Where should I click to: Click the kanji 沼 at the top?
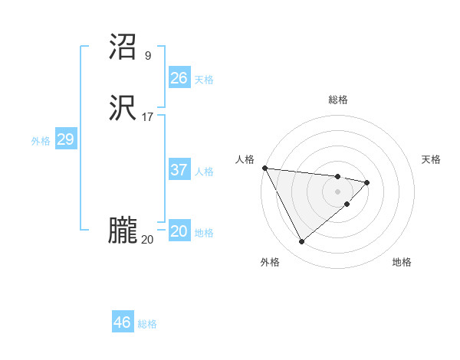(123, 47)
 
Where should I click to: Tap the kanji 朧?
(123, 232)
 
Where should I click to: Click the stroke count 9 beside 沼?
(147, 55)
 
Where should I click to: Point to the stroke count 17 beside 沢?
(147, 117)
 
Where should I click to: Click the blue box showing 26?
(179, 78)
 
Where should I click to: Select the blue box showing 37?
(179, 170)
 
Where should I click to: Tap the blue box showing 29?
(65, 139)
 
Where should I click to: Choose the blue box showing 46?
(123, 322)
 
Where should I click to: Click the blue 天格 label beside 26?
(204, 80)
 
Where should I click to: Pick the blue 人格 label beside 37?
(204, 172)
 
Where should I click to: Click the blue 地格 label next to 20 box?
(204, 233)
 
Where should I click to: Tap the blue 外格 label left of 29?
(41, 141)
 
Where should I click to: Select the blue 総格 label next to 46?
(147, 324)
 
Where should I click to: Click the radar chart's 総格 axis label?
(338, 100)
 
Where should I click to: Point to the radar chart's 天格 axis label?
(432, 159)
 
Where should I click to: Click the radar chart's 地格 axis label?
(402, 262)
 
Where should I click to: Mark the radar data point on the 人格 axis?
(264, 168)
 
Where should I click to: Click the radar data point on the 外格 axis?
(301, 242)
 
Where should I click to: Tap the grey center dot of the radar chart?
(338, 191)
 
